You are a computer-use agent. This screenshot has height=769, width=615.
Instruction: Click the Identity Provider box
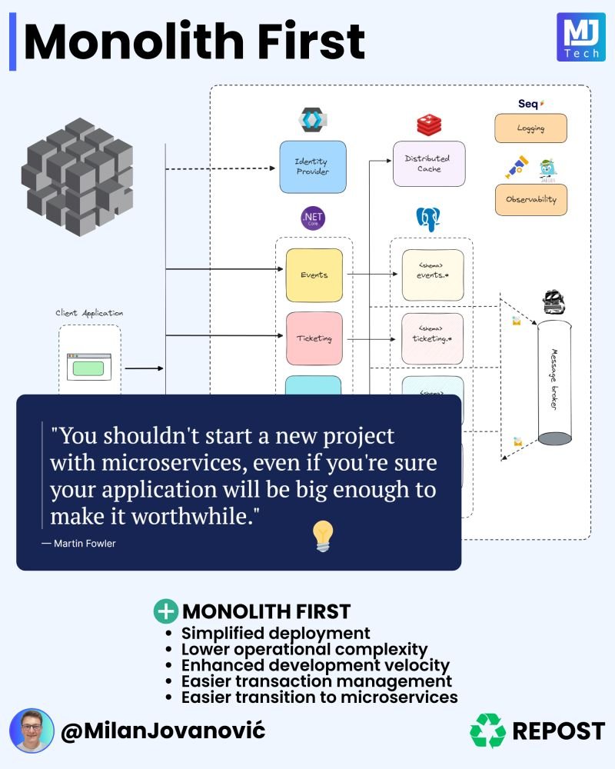tap(312, 166)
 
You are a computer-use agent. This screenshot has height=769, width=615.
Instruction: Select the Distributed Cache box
tap(428, 163)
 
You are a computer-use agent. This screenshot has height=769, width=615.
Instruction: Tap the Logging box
tap(530, 128)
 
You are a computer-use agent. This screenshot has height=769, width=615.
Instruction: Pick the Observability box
tap(530, 199)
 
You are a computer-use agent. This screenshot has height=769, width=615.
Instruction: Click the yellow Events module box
tap(314, 275)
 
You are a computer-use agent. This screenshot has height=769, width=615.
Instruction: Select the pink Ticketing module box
tap(314, 338)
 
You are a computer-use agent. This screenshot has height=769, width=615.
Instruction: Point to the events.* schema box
tap(432, 275)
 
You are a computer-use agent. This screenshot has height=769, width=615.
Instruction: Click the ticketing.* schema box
tap(432, 338)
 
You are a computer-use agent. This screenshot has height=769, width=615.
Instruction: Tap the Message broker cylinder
tap(554, 383)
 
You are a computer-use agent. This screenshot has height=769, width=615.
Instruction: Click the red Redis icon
tap(427, 125)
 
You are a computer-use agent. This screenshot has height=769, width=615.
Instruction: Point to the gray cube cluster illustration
tap(77, 177)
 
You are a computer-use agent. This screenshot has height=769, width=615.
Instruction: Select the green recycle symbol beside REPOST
tap(487, 731)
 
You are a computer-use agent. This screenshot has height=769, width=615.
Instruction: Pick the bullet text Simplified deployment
tap(275, 634)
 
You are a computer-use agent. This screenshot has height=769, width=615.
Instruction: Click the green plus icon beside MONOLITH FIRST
tap(165, 611)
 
